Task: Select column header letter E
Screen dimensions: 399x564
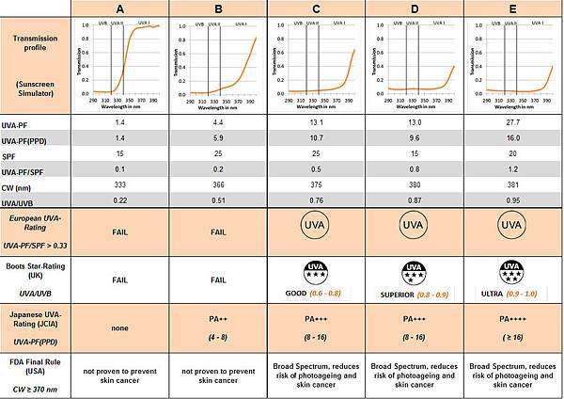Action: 512,8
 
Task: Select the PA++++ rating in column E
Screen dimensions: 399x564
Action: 512,320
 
